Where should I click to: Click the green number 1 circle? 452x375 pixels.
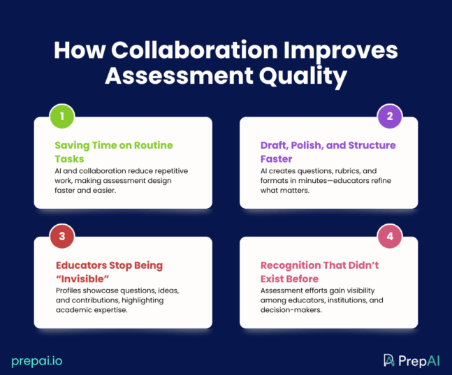62,117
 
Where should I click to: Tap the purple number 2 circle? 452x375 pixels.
390,117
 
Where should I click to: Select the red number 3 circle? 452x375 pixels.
62,236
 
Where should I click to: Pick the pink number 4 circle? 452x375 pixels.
390,236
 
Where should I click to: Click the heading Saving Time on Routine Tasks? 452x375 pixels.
114,152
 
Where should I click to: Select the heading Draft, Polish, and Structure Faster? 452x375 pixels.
328,152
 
